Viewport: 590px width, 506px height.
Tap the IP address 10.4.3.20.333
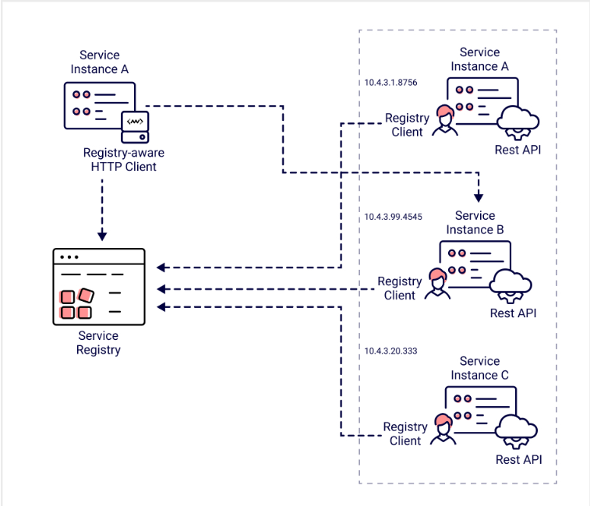click(391, 351)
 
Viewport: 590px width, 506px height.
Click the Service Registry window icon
click(99, 287)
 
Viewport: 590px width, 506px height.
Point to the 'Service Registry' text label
click(98, 343)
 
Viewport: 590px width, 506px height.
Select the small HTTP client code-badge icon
click(135, 125)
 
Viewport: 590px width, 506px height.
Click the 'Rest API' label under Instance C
click(518, 459)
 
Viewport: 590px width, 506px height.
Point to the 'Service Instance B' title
click(475, 222)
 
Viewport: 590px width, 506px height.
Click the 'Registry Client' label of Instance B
click(400, 288)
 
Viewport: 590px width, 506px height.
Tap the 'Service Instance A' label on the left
click(100, 62)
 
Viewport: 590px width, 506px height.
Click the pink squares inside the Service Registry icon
click(76, 304)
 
